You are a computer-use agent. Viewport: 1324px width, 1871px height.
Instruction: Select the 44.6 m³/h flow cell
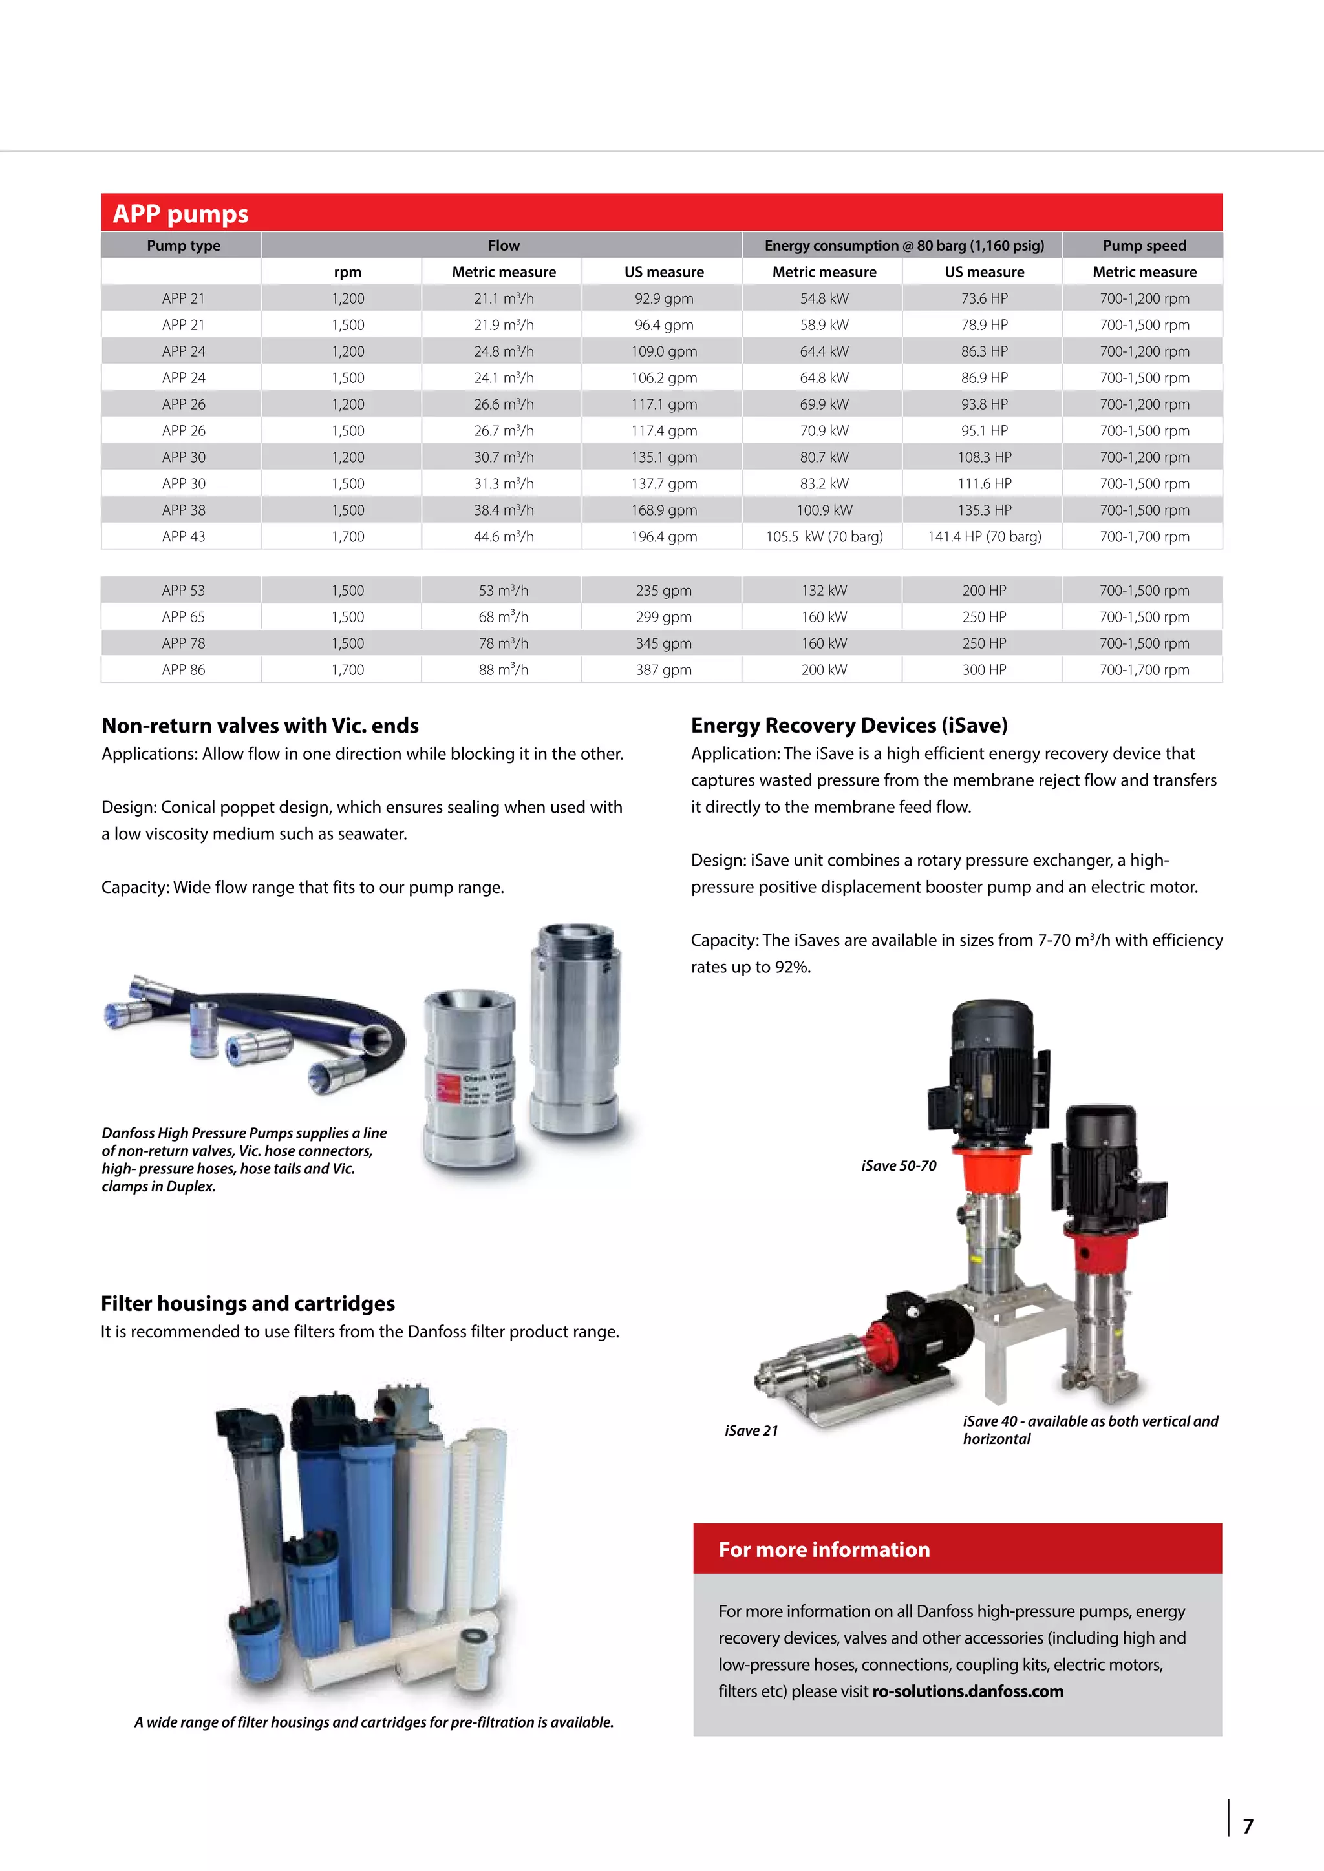pyautogui.click(x=503, y=536)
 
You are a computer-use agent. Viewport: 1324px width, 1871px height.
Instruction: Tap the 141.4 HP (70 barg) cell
pyautogui.click(x=984, y=536)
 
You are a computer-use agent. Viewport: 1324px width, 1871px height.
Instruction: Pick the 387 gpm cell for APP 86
pyautogui.click(x=664, y=670)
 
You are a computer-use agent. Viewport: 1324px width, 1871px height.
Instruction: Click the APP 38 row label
pyautogui.click(x=184, y=510)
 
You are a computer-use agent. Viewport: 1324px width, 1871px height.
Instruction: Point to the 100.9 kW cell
pyautogui.click(x=824, y=510)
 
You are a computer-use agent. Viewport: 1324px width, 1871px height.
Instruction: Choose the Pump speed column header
pyautogui.click(x=1144, y=246)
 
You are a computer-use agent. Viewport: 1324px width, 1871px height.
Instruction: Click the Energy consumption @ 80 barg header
pyautogui.click(x=903, y=246)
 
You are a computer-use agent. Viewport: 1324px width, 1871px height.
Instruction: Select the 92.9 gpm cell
pyautogui.click(x=664, y=298)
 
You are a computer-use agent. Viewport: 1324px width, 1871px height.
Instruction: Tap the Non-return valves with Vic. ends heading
pyautogui.click(x=260, y=726)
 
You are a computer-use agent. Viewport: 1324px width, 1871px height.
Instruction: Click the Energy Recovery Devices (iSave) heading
pyautogui.click(x=849, y=726)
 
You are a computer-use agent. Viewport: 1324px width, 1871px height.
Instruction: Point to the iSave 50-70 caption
pyautogui.click(x=899, y=1165)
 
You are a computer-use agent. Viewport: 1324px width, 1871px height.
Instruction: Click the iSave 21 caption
pyautogui.click(x=751, y=1430)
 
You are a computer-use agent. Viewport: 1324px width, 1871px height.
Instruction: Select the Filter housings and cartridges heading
pyautogui.click(x=248, y=1303)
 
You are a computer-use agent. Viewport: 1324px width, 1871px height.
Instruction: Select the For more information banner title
pyautogui.click(x=824, y=1549)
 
